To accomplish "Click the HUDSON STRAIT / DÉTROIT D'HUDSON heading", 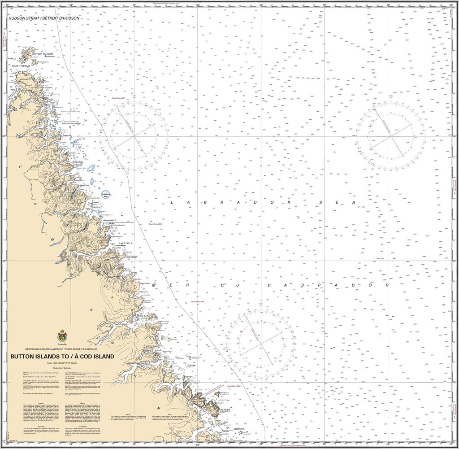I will (x=44, y=18).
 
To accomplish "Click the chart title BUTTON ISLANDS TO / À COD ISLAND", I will (x=62, y=357).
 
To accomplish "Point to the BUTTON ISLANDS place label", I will (x=43, y=53).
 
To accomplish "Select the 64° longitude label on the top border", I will (x=71, y=5).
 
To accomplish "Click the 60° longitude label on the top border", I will (x=325, y=5).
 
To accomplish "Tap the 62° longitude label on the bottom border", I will (x=198, y=445).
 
